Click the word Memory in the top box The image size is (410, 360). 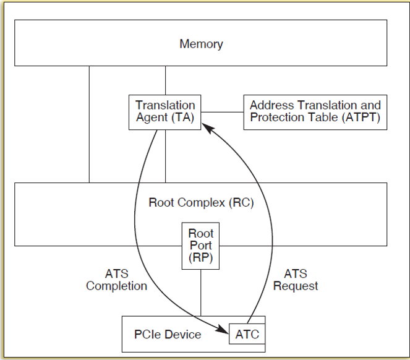tap(201, 44)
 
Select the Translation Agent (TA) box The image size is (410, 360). tap(165, 111)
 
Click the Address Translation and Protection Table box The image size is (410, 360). tap(315, 111)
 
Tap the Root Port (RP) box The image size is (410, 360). tap(201, 246)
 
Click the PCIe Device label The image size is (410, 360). tap(168, 335)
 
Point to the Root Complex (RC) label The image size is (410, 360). tap(201, 202)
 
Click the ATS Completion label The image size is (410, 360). tap(117, 280)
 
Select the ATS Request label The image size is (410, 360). tap(296, 280)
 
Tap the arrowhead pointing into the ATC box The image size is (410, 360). tap(224, 332)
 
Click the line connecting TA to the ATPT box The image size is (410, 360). tap(223, 112)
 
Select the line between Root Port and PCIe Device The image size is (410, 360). tap(201, 292)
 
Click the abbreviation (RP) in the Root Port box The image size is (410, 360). tap(201, 257)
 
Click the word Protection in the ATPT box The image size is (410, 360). tap(276, 118)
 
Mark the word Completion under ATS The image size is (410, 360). tap(117, 286)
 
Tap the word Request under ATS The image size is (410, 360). tap(296, 286)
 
